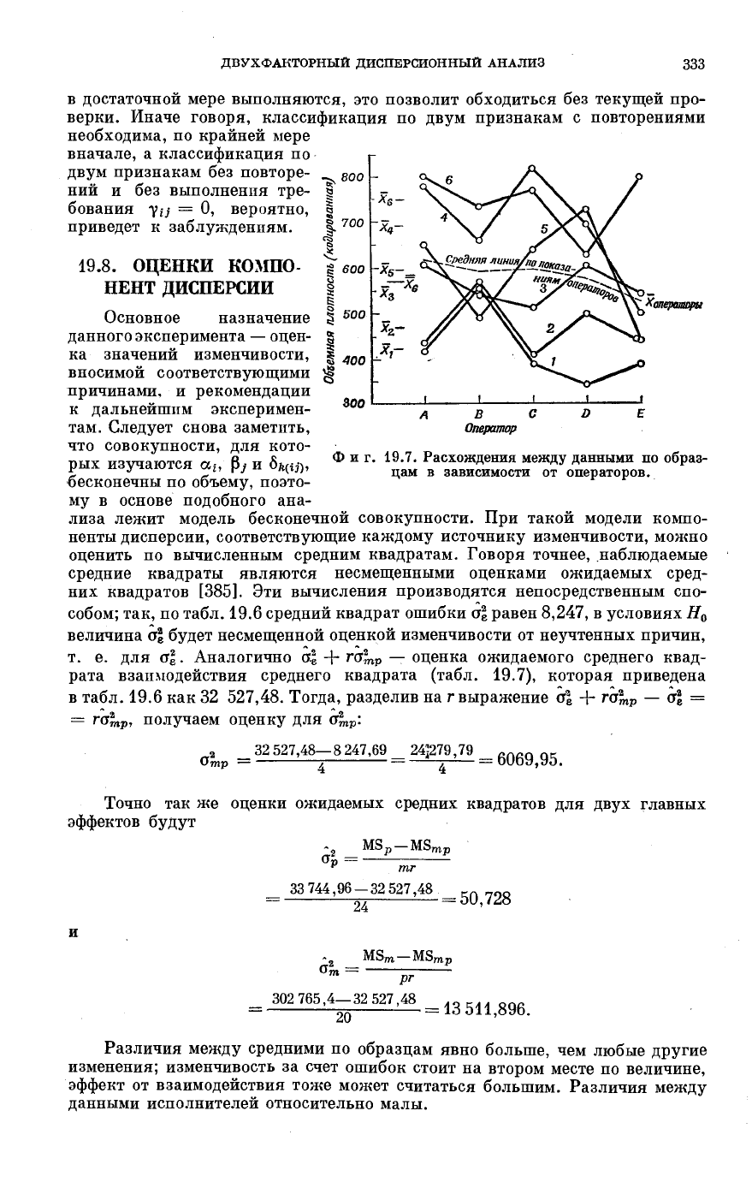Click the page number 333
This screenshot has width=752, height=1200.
[x=693, y=63]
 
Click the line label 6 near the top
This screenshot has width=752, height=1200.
[x=448, y=180]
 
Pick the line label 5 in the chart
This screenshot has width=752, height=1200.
[x=544, y=229]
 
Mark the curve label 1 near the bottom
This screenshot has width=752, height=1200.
[x=554, y=362]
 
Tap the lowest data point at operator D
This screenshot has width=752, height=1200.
[x=587, y=383]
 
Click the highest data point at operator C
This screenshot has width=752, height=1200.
[x=532, y=168]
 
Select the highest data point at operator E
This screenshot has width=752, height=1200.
[x=640, y=176]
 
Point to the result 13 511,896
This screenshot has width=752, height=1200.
[x=486, y=1010]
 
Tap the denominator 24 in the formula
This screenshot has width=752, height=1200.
[x=359, y=908]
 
